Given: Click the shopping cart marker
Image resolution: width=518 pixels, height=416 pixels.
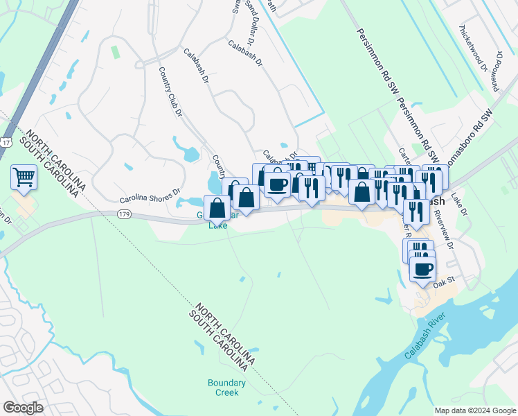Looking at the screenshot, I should click(24, 177).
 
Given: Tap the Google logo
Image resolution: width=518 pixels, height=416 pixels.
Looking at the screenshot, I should click(23, 408).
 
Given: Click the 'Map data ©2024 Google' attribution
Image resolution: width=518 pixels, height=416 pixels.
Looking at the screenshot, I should click(474, 410).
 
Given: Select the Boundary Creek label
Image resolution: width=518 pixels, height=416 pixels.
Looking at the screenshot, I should click(226, 388).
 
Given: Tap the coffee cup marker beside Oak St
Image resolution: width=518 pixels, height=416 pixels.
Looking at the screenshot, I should click(422, 269).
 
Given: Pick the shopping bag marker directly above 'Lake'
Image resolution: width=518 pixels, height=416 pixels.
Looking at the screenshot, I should click(217, 207).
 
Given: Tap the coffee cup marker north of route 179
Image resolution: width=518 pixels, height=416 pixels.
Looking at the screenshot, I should click(277, 184).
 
